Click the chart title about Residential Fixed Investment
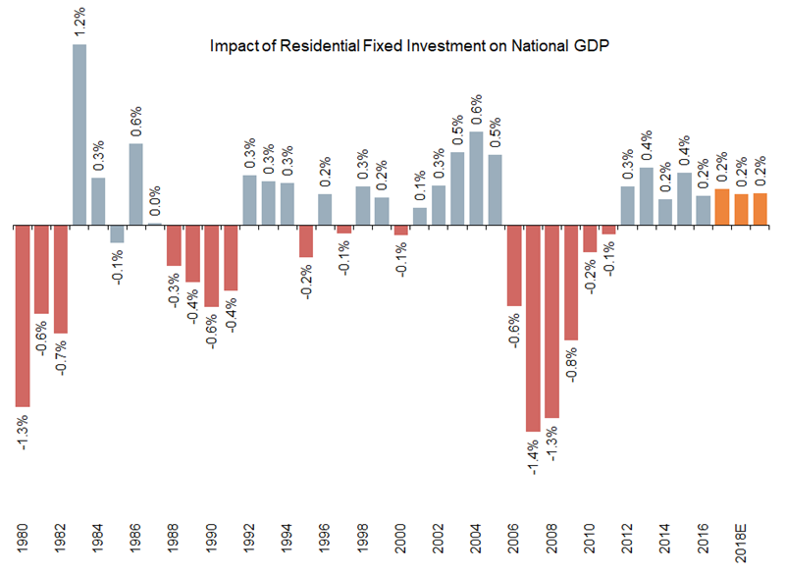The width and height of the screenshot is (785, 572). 404,46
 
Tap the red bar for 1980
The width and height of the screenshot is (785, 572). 23,315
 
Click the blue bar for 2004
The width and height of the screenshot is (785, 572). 476,178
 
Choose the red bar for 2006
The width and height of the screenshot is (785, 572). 514,265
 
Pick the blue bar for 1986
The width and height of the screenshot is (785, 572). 136,184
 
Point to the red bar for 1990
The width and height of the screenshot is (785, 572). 212,265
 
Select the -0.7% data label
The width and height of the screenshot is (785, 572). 61,358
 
